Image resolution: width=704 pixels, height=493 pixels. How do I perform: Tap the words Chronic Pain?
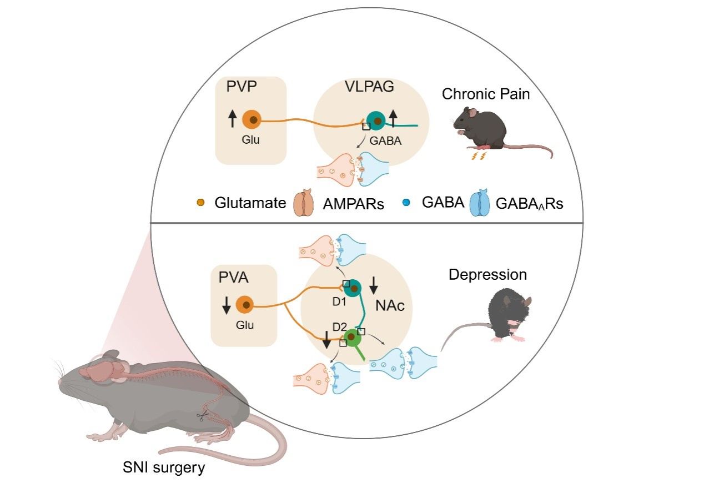pyautogui.click(x=485, y=94)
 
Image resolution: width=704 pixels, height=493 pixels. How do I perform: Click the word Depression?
pyautogui.click(x=487, y=274)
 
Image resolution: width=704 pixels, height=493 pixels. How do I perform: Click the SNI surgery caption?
pyautogui.click(x=164, y=467)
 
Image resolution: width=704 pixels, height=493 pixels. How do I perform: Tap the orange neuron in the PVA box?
pyautogui.click(x=245, y=305)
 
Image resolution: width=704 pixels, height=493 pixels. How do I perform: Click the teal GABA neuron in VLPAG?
pyautogui.click(x=377, y=120)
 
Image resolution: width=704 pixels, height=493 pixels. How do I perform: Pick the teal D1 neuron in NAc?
pyautogui.click(x=352, y=288)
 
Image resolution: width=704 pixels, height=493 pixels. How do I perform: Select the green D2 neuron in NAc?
pyautogui.click(x=351, y=336)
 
